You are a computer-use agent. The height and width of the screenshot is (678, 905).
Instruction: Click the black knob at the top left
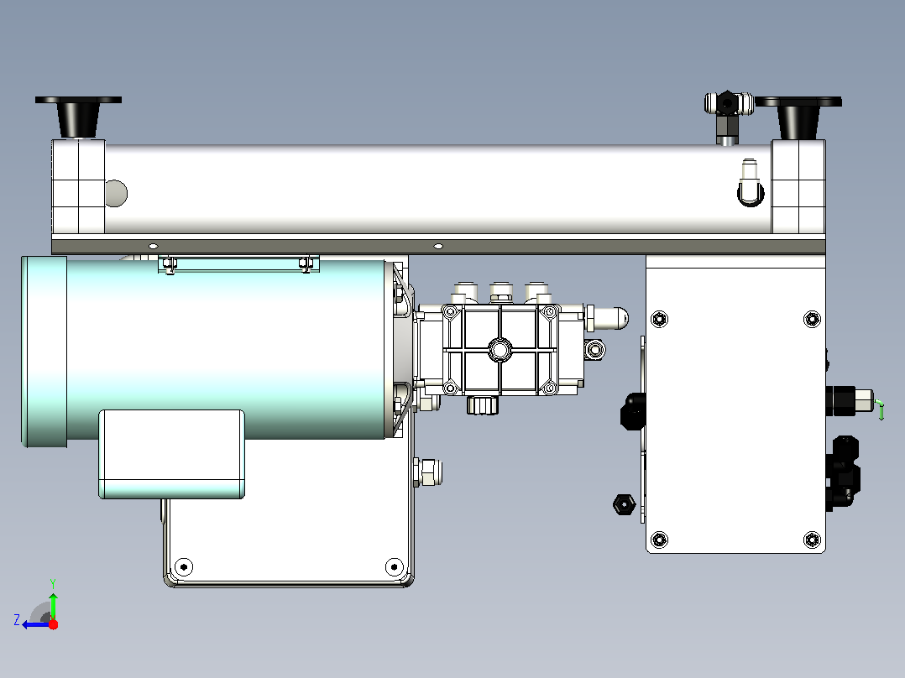tap(78, 116)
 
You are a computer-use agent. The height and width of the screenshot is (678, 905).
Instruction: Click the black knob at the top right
tap(798, 117)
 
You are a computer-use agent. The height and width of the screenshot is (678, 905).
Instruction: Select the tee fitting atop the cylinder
tap(729, 116)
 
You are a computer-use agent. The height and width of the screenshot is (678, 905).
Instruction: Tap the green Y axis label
tap(53, 583)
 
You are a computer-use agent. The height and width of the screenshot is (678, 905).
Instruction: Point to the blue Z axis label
tap(17, 620)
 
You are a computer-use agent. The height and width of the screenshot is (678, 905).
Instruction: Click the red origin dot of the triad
tap(53, 624)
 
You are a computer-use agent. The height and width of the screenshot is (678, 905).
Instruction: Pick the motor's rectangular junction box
tap(171, 454)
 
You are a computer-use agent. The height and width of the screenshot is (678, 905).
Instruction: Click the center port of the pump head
tap(500, 350)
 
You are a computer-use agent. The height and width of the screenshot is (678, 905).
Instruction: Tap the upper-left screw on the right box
tap(659, 319)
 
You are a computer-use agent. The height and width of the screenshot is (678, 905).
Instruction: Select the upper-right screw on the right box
tap(812, 319)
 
